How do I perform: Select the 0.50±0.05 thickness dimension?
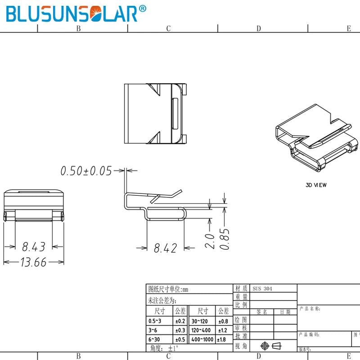click(x=86, y=171)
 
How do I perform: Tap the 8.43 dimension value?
click(x=34, y=247)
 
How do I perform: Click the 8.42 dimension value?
click(x=166, y=247)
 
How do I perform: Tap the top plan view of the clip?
click(x=155, y=113)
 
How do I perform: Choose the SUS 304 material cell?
click(x=262, y=288)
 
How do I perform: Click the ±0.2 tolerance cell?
click(x=180, y=321)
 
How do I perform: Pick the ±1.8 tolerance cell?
click(x=222, y=339)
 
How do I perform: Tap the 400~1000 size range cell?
click(x=202, y=339)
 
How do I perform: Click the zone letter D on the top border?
click(x=259, y=28)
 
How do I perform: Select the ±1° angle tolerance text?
click(x=174, y=348)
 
